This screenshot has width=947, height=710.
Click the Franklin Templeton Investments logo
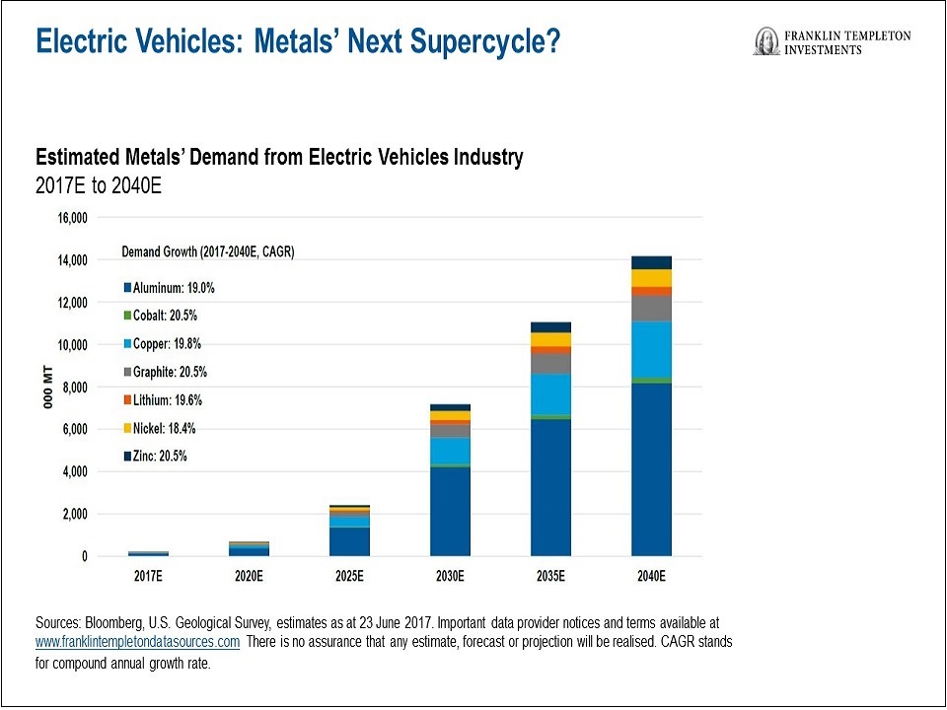[832, 41]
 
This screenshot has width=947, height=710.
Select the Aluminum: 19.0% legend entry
[169, 288]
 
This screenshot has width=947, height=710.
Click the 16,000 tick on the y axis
[70, 218]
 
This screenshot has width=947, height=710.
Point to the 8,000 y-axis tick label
[73, 388]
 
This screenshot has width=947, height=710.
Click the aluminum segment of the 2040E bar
[651, 469]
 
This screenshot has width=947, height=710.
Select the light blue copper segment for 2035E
[550, 393]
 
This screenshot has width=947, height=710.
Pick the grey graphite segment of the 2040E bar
[651, 308]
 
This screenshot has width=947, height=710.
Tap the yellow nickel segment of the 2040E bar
[651, 277]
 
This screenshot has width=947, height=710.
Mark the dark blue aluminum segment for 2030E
[450, 511]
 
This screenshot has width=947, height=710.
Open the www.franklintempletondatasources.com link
[137, 642]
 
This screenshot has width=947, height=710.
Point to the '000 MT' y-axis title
[45, 388]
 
